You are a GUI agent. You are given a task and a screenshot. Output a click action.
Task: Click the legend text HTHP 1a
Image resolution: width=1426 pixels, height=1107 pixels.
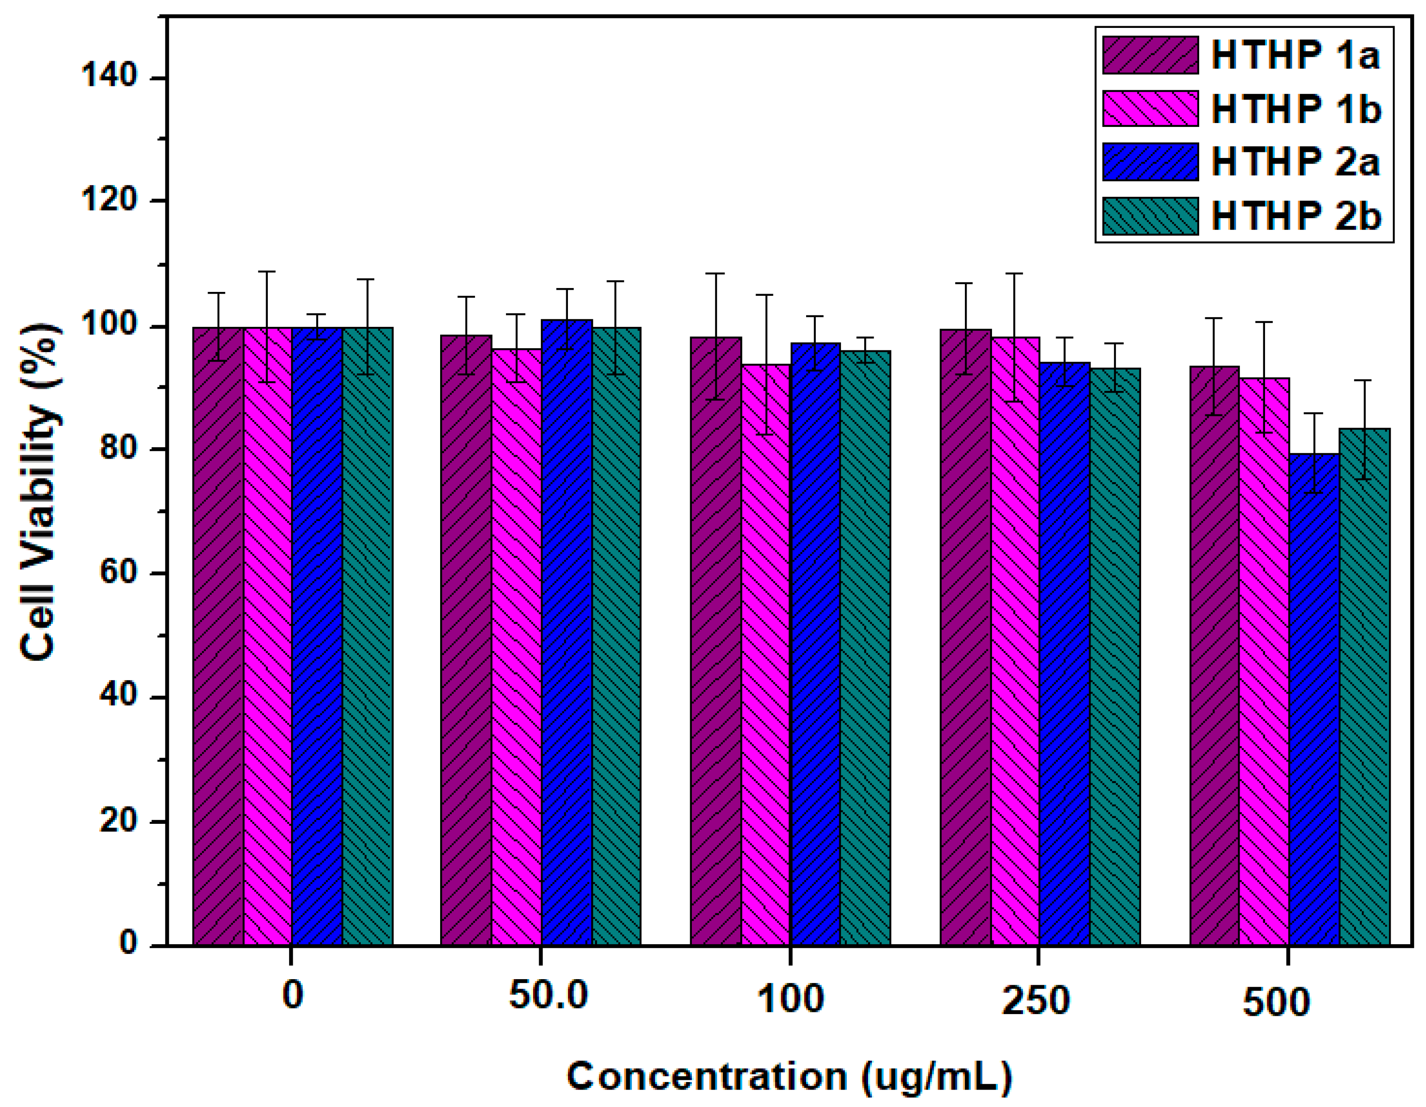pos(1296,55)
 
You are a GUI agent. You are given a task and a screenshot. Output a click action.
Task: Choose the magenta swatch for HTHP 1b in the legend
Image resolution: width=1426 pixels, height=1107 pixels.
pos(1150,108)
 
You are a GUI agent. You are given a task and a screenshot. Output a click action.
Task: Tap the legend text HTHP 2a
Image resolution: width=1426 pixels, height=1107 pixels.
pos(1296,162)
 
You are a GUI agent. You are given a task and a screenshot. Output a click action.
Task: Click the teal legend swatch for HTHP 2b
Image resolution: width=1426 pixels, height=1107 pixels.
pos(1150,216)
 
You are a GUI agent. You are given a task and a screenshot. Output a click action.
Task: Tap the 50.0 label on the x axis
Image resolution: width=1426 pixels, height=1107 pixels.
pos(548,995)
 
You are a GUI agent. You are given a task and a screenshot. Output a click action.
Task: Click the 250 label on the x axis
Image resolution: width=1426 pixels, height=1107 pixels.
pos(1036,999)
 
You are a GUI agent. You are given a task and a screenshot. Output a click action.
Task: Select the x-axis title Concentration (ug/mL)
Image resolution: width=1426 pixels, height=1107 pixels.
pos(789,1076)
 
